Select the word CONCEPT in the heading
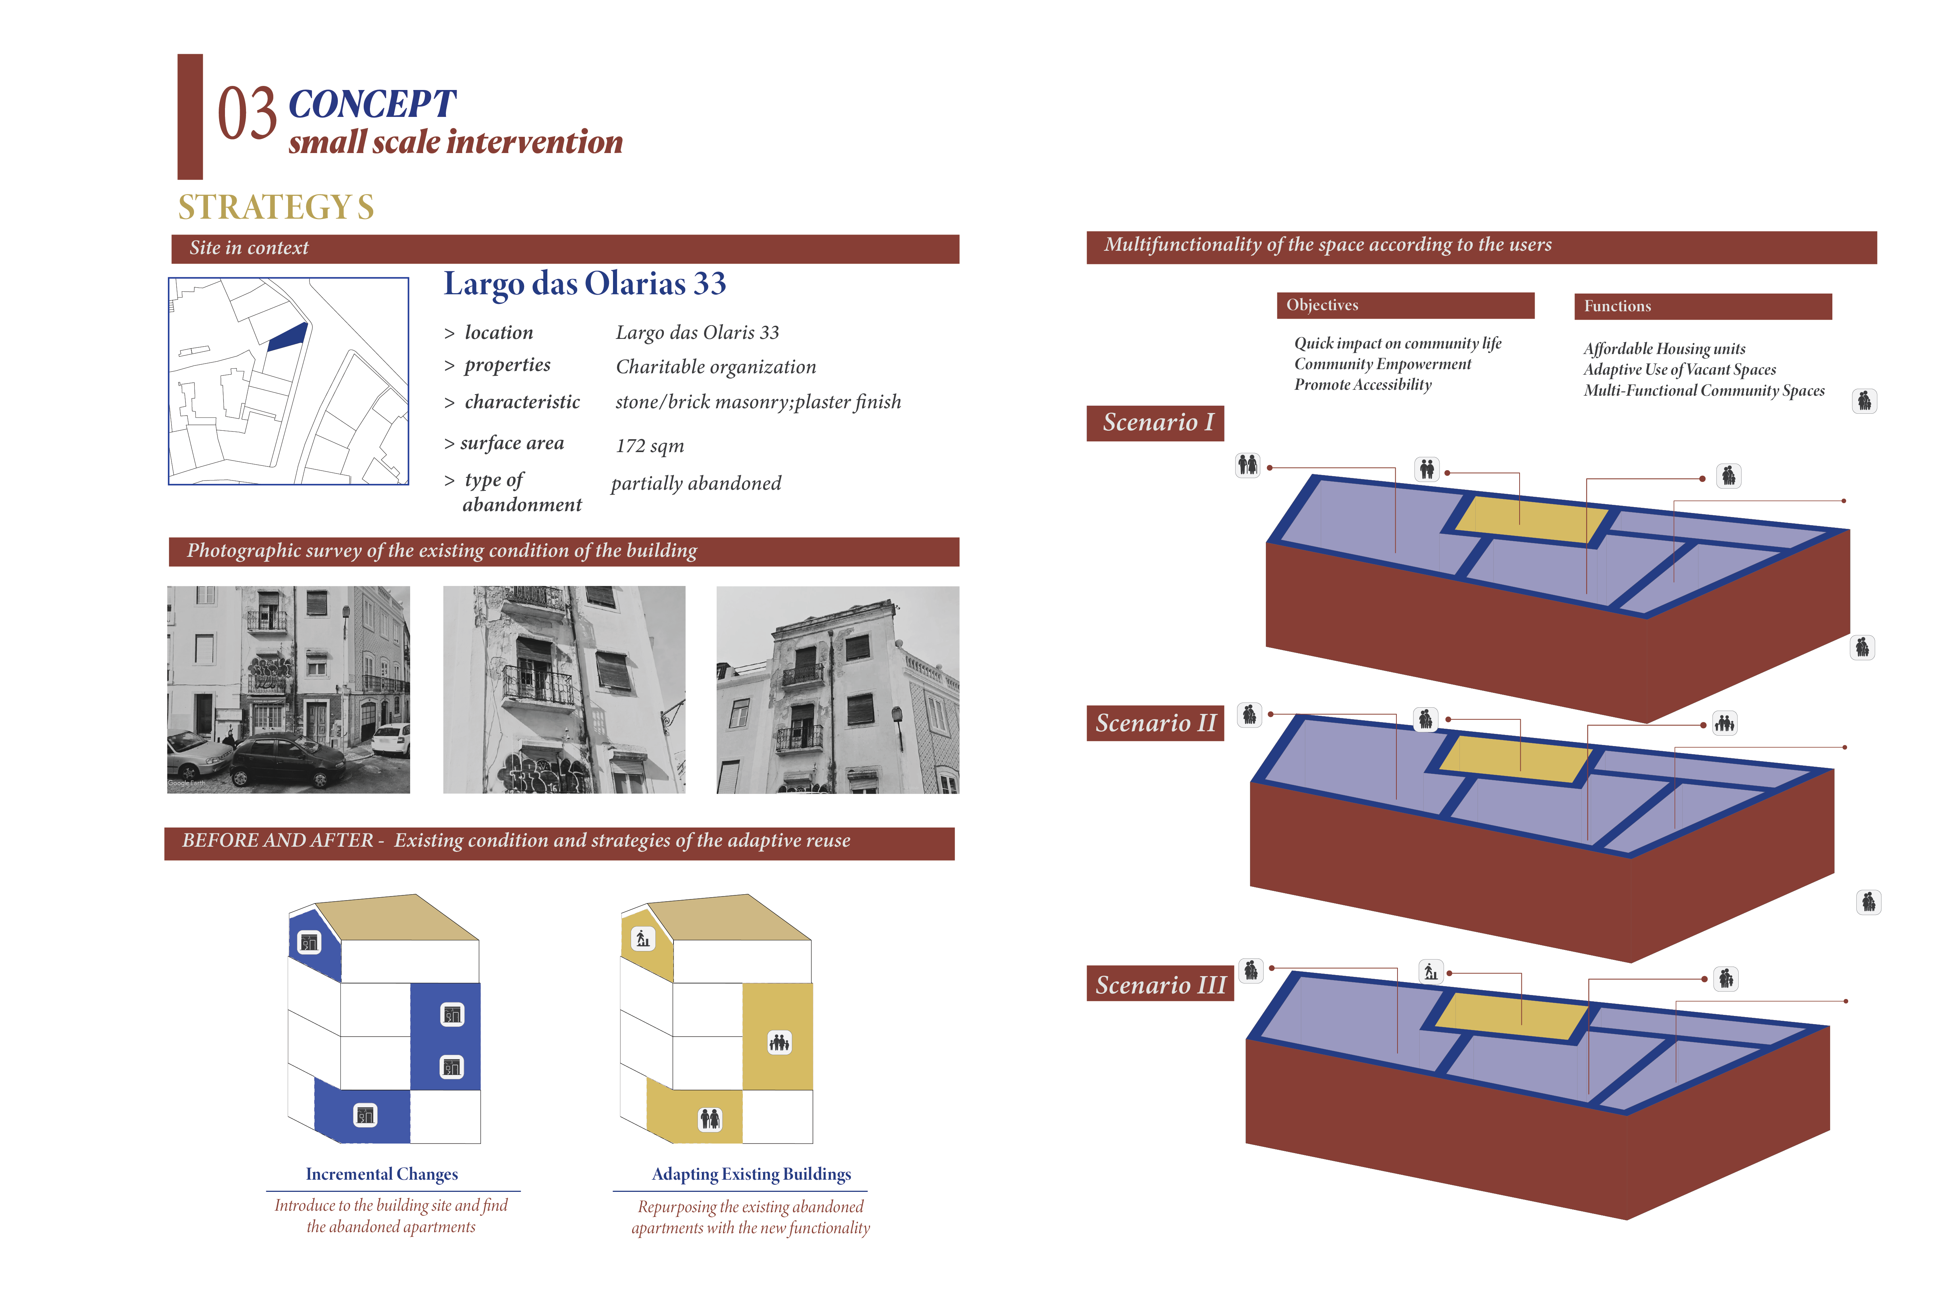pos(372,105)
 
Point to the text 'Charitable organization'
pos(716,367)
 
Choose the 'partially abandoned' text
pos(696,483)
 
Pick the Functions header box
pos(1703,306)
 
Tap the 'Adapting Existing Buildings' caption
pos(751,1175)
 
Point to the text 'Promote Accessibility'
pos(1362,385)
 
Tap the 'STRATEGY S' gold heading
pos(276,207)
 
